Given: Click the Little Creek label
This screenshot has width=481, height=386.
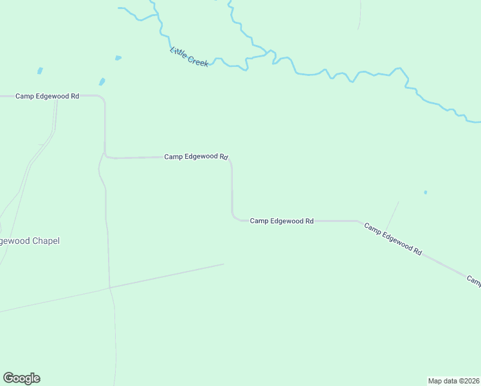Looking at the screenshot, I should [189, 57].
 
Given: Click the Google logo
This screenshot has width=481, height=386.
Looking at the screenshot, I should [21, 378].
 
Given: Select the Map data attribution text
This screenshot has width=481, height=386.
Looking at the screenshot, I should [453, 381].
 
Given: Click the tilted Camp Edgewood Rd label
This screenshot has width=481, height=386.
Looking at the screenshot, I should [392, 239].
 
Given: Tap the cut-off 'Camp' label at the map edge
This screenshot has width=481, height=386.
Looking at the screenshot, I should [474, 280].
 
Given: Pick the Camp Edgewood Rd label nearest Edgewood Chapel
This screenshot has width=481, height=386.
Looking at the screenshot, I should [48, 96].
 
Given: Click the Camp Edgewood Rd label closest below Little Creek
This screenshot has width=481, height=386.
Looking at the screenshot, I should [196, 156].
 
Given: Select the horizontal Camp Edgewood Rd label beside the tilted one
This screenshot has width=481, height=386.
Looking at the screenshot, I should [282, 221].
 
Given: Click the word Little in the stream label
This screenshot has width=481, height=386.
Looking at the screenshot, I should [179, 51].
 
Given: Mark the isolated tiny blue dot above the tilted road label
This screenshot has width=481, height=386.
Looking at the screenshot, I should [425, 192].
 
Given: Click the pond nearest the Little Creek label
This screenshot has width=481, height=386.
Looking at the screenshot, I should [118, 58].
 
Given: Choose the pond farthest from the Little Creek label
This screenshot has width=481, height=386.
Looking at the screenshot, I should [40, 71].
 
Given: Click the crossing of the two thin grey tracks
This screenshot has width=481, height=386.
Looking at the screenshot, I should [109, 287].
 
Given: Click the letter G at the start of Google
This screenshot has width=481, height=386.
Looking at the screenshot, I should [8, 378].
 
